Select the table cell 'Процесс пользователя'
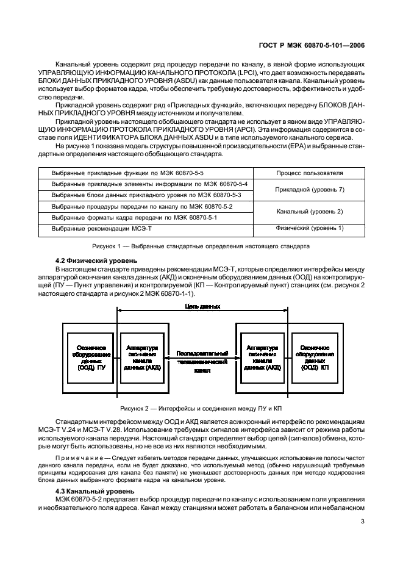coord(309,173)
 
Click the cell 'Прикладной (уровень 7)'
coord(309,190)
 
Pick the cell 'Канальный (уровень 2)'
coord(309,211)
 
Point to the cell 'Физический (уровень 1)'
coord(309,228)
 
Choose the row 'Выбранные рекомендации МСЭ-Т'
coord(101,228)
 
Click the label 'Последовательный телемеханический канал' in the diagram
coord(202,361)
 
